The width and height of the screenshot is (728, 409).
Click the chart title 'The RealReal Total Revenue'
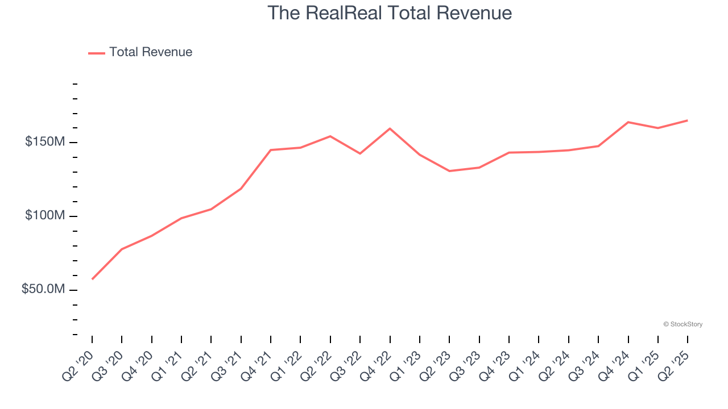pyautogui.click(x=390, y=13)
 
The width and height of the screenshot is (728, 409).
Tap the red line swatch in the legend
pyautogui.click(x=97, y=53)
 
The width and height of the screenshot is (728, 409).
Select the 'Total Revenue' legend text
pyautogui.click(x=151, y=52)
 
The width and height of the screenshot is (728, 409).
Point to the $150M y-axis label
pyautogui.click(x=45, y=141)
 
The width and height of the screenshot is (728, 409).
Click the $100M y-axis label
pyautogui.click(x=45, y=216)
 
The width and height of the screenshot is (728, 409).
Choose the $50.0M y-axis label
pyautogui.click(x=43, y=289)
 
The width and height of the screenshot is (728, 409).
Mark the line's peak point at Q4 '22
pyautogui.click(x=390, y=128)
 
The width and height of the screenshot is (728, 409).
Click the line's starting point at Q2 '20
pyautogui.click(x=92, y=279)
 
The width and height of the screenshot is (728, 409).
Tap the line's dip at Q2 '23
pyautogui.click(x=449, y=171)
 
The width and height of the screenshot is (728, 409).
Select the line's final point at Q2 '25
pyautogui.click(x=687, y=120)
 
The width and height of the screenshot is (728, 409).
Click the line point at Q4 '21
pyautogui.click(x=271, y=150)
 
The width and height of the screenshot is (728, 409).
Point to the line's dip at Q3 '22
pyautogui.click(x=360, y=153)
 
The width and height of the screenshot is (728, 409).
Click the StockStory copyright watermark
pyautogui.click(x=682, y=324)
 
